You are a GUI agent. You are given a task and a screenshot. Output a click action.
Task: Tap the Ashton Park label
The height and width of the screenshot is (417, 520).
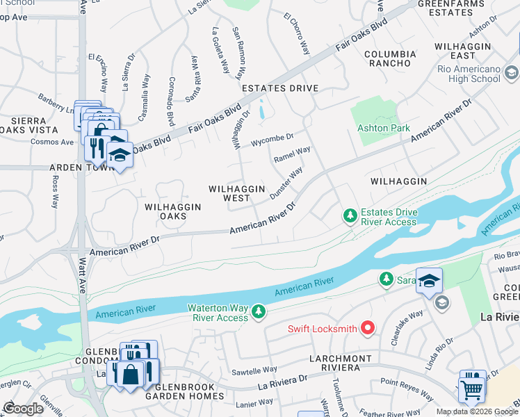click(383, 128)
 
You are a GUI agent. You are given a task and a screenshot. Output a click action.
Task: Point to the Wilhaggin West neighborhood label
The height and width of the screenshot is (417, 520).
click(237, 193)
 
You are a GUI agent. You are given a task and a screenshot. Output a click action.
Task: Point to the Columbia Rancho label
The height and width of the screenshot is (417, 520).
click(390, 59)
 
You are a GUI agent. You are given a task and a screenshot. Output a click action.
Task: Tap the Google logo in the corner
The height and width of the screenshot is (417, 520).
click(23, 409)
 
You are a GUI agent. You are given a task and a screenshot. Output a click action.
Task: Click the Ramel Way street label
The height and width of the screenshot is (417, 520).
click(292, 154)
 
